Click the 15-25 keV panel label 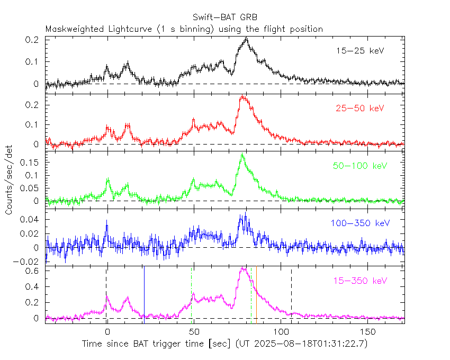click(360, 51)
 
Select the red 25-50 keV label click(359, 109)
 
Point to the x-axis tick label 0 click(107, 332)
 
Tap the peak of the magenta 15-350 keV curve click(242, 268)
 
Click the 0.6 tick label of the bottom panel click(33, 271)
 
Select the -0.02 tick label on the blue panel click(29, 262)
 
